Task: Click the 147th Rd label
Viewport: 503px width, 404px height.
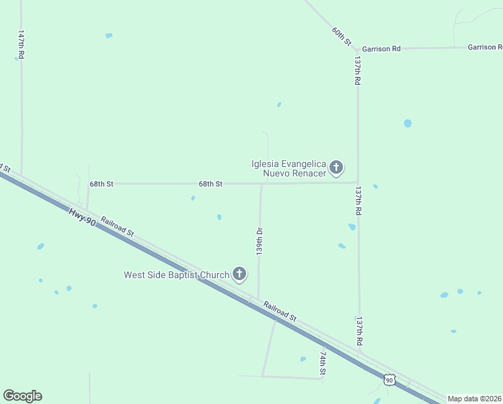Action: [22, 46]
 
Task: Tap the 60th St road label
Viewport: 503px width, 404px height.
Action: [342, 36]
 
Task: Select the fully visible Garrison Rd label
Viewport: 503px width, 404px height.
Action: [381, 48]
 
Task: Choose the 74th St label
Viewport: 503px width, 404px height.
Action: [323, 362]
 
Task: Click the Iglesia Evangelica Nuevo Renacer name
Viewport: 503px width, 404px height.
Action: [288, 168]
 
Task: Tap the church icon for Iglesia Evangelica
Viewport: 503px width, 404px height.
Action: [336, 168]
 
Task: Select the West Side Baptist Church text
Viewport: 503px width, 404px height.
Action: [176, 275]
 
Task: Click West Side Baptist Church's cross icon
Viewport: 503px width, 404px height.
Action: [239, 274]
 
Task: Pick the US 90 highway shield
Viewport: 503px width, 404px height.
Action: [389, 380]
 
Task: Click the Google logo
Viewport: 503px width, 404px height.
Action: [22, 396]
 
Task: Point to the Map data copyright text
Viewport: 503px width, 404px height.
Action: [475, 399]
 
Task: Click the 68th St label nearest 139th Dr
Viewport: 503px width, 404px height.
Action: [210, 183]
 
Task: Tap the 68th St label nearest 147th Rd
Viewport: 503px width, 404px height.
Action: [102, 183]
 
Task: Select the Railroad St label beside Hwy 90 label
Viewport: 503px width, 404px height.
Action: [118, 226]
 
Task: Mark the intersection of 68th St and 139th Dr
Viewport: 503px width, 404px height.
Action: [262, 183]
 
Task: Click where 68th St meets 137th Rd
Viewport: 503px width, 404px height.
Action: [358, 182]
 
